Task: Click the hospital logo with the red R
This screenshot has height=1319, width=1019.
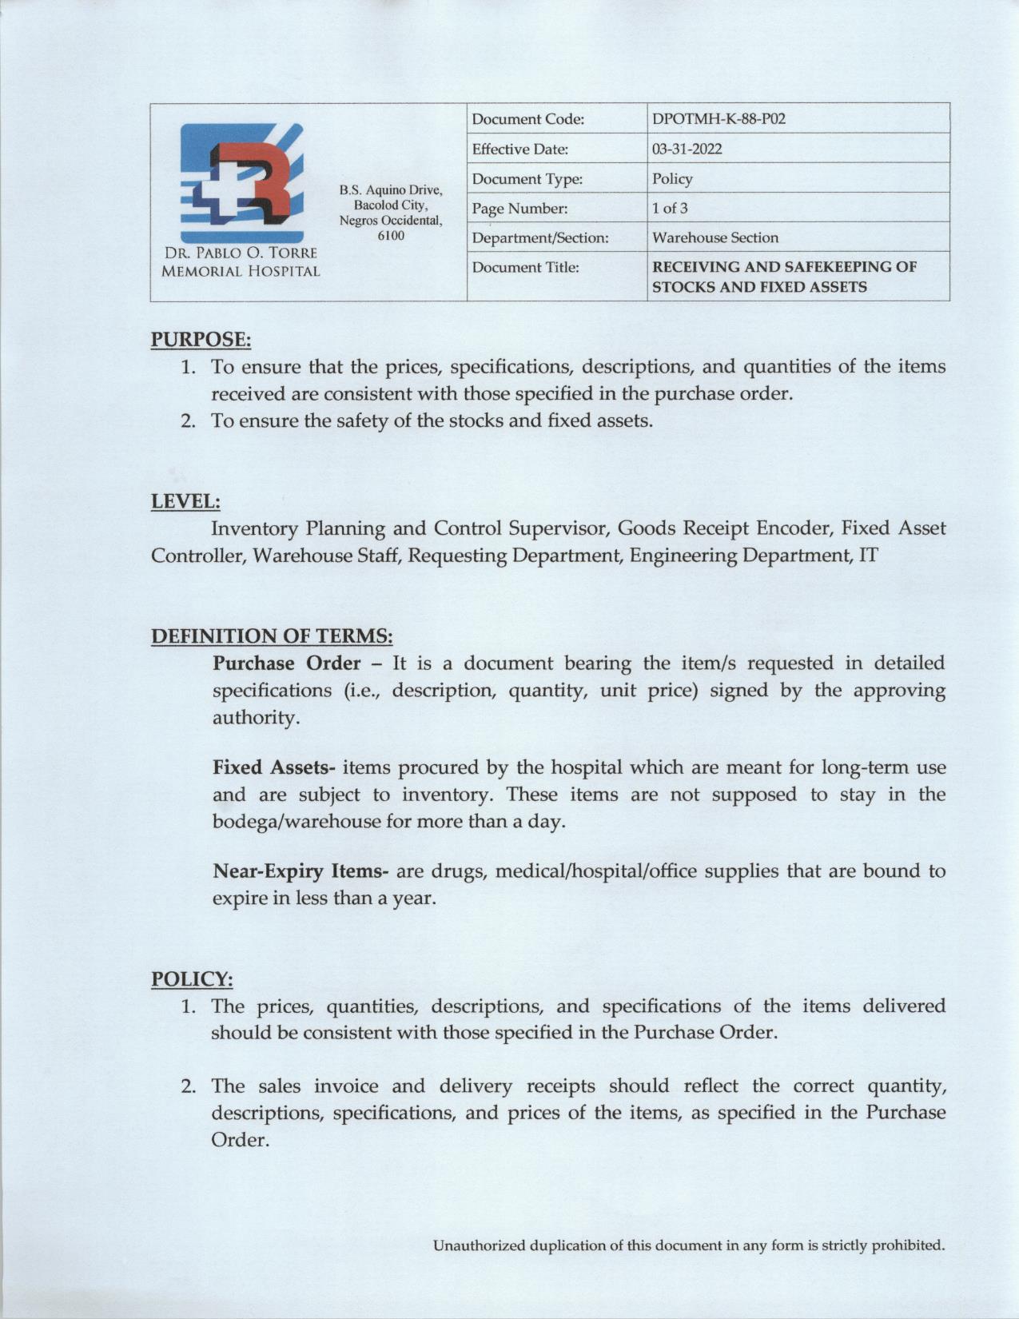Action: coord(241,184)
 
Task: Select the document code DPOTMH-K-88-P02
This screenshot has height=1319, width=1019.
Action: coord(718,119)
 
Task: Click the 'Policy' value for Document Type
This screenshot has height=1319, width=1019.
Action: coord(672,179)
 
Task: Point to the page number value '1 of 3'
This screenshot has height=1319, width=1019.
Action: coord(670,209)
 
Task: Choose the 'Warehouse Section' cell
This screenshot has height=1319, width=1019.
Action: coord(714,238)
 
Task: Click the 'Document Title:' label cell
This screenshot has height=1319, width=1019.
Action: coord(525,268)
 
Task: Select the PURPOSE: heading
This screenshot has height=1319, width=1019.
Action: coord(201,340)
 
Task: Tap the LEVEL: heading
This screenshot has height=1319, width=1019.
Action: coord(185,502)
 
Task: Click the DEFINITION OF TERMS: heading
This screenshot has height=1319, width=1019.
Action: coord(272,636)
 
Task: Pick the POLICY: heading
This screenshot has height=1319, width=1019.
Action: coord(192,979)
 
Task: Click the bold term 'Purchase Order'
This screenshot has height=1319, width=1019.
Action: coord(286,663)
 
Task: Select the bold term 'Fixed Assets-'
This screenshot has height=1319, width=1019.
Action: coord(273,768)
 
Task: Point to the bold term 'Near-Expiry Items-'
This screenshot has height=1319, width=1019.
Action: coord(301,871)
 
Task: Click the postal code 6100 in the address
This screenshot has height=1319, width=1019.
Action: coord(391,236)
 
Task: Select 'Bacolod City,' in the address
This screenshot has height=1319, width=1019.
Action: coord(391,205)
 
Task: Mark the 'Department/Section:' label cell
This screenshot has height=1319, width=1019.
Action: coord(540,238)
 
